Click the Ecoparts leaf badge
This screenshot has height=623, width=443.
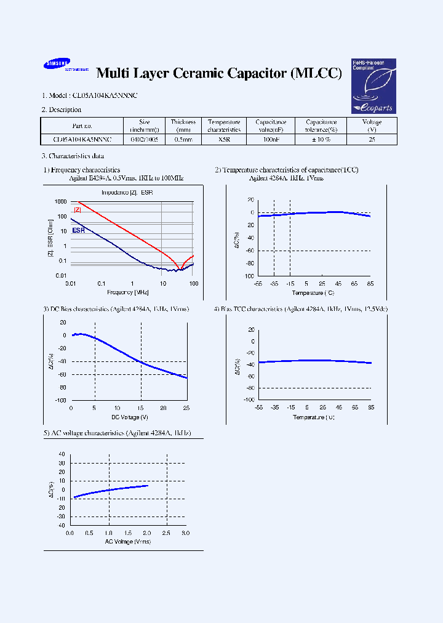[373, 86]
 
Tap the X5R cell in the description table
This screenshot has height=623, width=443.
[223, 140]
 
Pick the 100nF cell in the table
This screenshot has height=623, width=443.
[271, 140]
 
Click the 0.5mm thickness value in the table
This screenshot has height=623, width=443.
[183, 140]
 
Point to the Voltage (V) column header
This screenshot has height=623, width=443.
[372, 126]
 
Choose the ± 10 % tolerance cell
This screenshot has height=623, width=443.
[321, 140]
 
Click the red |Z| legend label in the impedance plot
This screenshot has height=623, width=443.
[78, 210]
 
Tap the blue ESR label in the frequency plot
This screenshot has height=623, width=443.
[78, 230]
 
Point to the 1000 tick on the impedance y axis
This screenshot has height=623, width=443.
[60, 202]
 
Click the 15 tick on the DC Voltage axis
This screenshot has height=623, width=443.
[141, 408]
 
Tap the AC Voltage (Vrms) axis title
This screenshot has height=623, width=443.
[128, 541]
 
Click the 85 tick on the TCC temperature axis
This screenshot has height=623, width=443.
[370, 284]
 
